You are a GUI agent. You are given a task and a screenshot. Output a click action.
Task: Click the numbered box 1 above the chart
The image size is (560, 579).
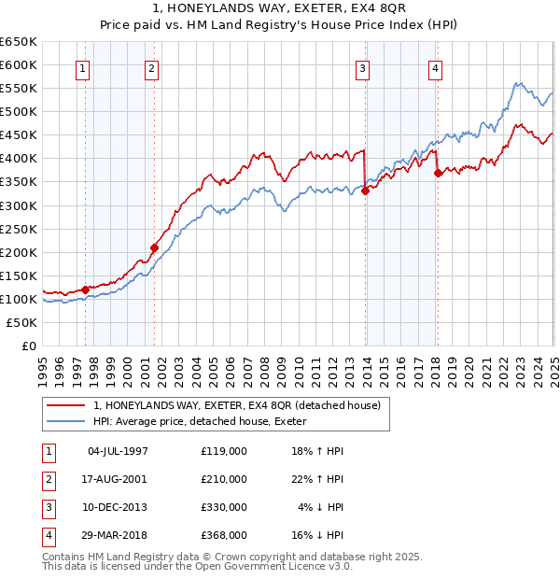pos(84,67)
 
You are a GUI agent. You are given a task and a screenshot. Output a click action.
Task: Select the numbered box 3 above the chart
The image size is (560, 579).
pos(362,67)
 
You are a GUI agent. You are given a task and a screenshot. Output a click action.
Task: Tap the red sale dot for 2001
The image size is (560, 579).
pos(154,247)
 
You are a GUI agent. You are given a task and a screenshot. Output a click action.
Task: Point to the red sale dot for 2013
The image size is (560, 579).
pos(366,191)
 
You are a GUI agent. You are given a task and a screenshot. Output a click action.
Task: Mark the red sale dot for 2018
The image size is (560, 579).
pos(438,173)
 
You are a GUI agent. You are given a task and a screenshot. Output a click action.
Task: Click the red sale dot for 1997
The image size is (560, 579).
pos(85,289)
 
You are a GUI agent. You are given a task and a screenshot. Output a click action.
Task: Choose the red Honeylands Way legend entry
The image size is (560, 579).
pos(236,406)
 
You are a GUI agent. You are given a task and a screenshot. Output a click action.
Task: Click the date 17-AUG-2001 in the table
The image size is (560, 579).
pos(117,479)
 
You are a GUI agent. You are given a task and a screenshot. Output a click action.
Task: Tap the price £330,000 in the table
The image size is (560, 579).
pos(224,507)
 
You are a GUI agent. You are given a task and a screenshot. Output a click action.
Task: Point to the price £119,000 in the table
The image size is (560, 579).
pos(224,451)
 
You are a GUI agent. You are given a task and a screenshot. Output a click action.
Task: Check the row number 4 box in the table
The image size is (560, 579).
pos(46,535)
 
